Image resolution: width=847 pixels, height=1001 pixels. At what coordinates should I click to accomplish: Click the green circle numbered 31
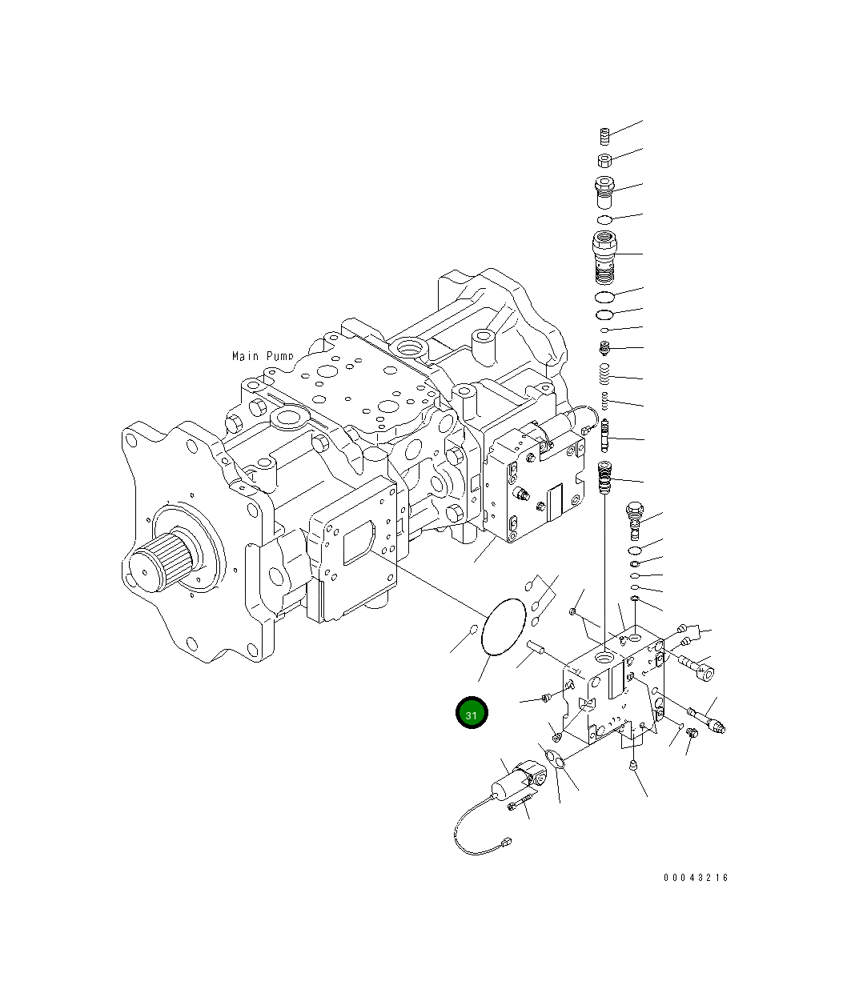[472, 714]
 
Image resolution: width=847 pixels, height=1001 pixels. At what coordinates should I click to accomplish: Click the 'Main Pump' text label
[263, 356]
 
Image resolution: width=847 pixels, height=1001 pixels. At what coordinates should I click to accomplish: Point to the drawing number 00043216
[696, 878]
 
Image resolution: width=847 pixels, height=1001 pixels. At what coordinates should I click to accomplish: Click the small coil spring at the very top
[606, 136]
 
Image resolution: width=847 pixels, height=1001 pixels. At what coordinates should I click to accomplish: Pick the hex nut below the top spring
[606, 157]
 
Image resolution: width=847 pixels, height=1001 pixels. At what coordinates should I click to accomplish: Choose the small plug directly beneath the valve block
[633, 766]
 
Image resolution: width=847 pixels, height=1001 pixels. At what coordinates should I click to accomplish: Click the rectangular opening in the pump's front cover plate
[357, 544]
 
